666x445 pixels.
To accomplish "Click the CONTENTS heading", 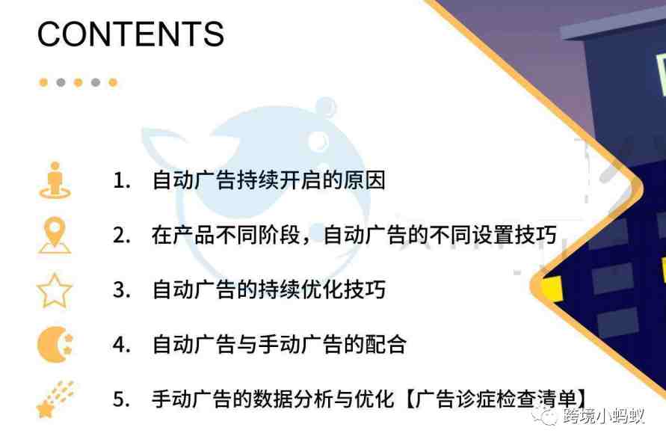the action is [130, 34].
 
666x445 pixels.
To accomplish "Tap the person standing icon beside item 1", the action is [55, 180].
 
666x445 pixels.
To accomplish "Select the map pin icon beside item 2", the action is [55, 235].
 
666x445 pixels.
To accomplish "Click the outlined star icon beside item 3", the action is [55, 291].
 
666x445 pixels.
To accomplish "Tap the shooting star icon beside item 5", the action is [55, 399].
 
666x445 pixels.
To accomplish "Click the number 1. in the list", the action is [122, 181].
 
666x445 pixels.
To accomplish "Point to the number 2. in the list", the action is [122, 235].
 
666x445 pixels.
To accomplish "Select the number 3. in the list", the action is [122, 290].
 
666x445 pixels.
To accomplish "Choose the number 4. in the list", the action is [122, 344].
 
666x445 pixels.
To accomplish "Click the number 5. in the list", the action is [122, 399].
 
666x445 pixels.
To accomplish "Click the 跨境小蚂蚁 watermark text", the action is [603, 416].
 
